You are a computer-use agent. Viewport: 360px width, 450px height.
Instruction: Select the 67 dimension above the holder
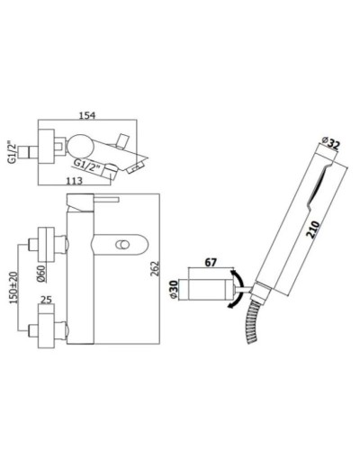(211, 261)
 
